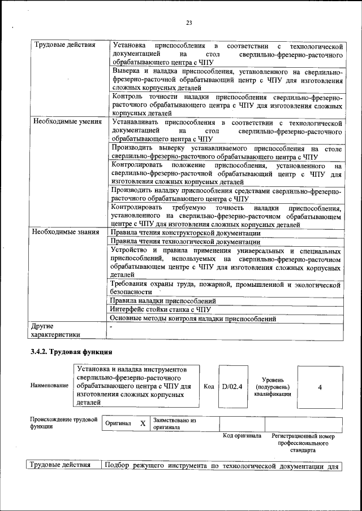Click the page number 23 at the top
[x=189, y=23]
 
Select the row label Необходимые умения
[x=67, y=121]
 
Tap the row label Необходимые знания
[x=66, y=232]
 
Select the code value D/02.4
[x=232, y=387]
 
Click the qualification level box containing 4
[x=320, y=387]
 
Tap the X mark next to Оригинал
[x=143, y=423]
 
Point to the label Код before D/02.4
[x=209, y=387]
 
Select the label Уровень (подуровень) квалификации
[x=273, y=387]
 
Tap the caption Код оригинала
[x=242, y=436]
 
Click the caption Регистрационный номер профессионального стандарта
[x=303, y=443]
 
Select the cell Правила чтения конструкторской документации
[x=186, y=233]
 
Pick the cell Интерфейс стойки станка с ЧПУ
[x=161, y=309]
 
